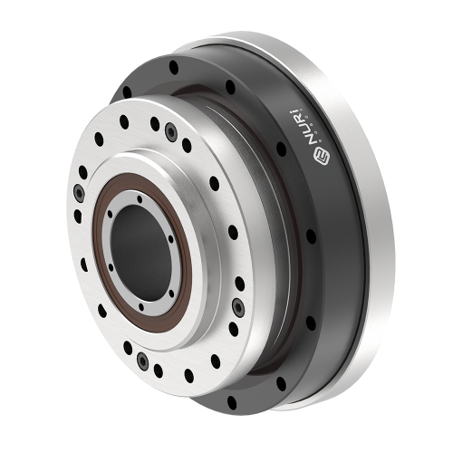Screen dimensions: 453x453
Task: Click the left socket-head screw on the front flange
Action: click(81, 192)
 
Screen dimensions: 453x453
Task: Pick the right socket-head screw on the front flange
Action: click(237, 304)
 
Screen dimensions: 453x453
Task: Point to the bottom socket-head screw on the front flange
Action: click(141, 362)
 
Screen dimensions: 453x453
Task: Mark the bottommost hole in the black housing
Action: click(231, 400)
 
